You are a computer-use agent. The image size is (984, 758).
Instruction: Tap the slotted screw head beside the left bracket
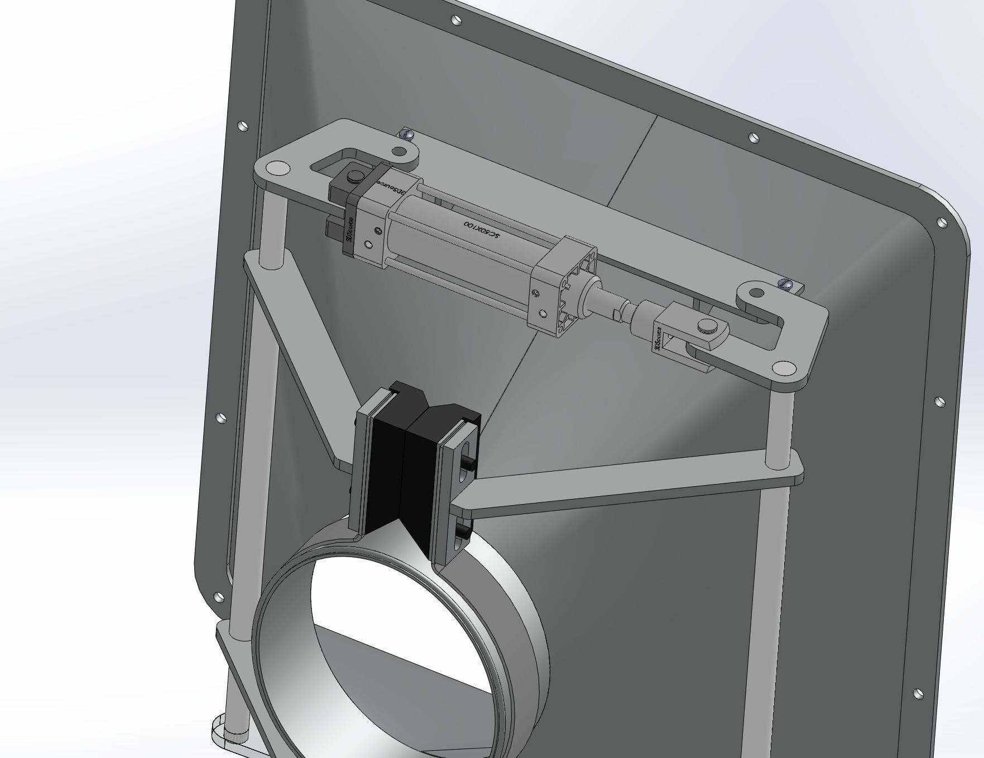tap(406, 134)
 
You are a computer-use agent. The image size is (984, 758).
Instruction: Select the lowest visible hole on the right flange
tap(918, 693)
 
